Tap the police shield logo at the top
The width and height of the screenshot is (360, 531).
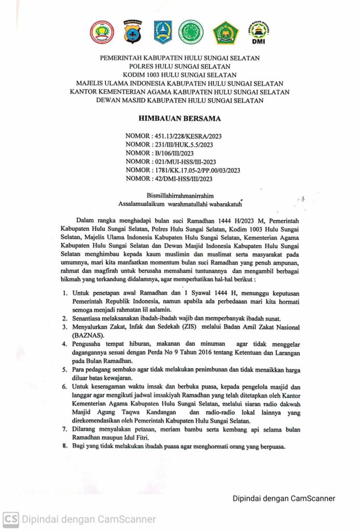coord(132,33)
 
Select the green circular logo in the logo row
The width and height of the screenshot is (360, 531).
coord(191,32)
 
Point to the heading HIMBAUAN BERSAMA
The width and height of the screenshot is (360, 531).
coord(180,119)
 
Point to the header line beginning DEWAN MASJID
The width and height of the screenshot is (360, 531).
coord(180,100)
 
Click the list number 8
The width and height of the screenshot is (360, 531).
coord(64,448)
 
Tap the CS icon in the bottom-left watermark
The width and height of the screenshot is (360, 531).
coord(10,519)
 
